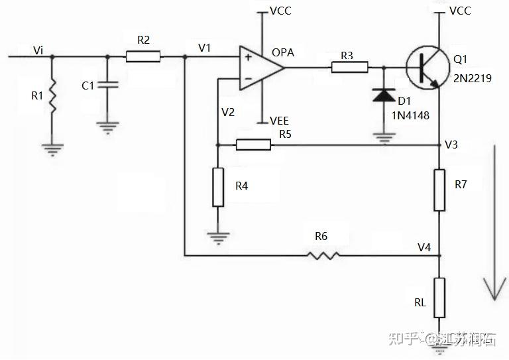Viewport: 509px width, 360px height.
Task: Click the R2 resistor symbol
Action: [x=143, y=56]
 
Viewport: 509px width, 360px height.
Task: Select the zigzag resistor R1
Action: [x=52, y=96]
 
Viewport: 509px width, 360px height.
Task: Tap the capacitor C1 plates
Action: [x=108, y=85]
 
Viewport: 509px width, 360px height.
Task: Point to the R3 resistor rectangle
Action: [x=350, y=67]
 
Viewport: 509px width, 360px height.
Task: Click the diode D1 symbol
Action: [x=384, y=95]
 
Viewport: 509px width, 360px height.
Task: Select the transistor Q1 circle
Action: [x=428, y=68]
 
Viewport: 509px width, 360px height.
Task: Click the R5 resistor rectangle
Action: [x=253, y=145]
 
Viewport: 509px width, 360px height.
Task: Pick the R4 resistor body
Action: [x=218, y=187]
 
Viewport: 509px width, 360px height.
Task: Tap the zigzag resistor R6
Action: [x=323, y=255]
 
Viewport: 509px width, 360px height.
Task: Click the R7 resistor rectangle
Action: [x=439, y=190]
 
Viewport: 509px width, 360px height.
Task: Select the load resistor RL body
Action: [x=439, y=298]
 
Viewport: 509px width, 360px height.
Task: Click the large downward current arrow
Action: [x=494, y=222]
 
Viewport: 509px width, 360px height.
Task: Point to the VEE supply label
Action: [x=280, y=121]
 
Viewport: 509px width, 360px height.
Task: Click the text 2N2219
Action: [x=473, y=78]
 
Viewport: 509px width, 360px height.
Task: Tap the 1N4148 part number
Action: [x=410, y=115]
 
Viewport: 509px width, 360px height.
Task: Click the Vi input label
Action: [x=38, y=50]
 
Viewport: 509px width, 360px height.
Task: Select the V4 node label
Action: [x=424, y=248]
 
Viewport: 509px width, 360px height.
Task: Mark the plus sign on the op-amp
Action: [x=249, y=58]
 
